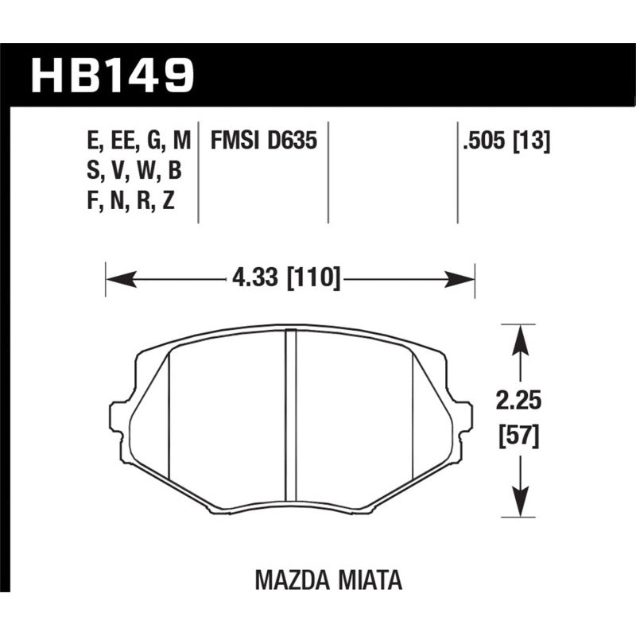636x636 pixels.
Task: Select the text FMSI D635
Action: [x=264, y=142]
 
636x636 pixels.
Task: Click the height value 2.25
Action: [x=520, y=402]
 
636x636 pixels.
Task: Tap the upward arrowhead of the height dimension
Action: [x=520, y=337]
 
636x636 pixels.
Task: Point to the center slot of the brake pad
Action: [x=290, y=417]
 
